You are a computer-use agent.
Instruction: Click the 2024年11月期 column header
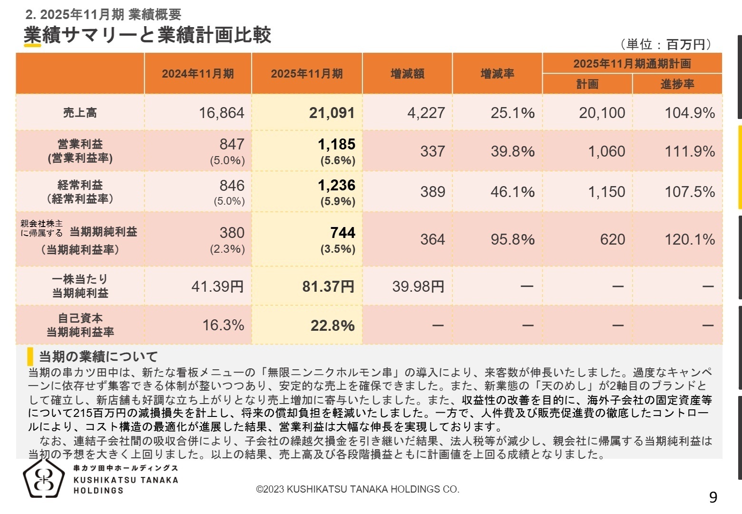coord(198,74)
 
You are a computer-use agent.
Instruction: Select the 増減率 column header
coord(497,74)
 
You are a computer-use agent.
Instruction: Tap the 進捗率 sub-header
coord(677,84)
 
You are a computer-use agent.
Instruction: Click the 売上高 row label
coord(80,113)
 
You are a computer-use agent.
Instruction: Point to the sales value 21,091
coord(332,113)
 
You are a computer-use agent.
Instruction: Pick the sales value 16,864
coord(221,113)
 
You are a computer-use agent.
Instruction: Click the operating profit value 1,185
coord(336,144)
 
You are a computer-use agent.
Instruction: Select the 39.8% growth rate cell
coord(512,151)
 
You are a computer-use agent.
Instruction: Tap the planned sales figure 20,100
coord(602,113)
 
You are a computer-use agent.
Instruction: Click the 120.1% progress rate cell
coord(689,239)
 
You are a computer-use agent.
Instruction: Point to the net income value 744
coord(342,233)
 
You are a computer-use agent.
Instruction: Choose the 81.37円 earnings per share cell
coord(328,287)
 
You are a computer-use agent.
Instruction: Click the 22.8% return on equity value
coord(332,326)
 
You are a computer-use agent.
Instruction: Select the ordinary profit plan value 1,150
coord(606,192)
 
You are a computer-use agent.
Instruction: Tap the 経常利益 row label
coord(80,185)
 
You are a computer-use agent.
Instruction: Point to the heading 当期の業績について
coord(98,356)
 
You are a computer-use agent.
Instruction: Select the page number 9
coord(713,497)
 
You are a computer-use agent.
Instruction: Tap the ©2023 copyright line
coord(357,489)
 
